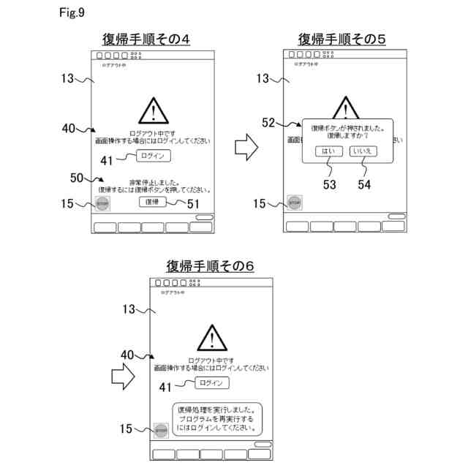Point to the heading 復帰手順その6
tap(210, 265)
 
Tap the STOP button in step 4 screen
tap(102, 204)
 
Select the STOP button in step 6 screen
tap(162, 431)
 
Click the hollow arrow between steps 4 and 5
tap(248, 147)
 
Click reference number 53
tap(329, 185)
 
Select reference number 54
tap(364, 185)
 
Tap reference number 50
tap(77, 178)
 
